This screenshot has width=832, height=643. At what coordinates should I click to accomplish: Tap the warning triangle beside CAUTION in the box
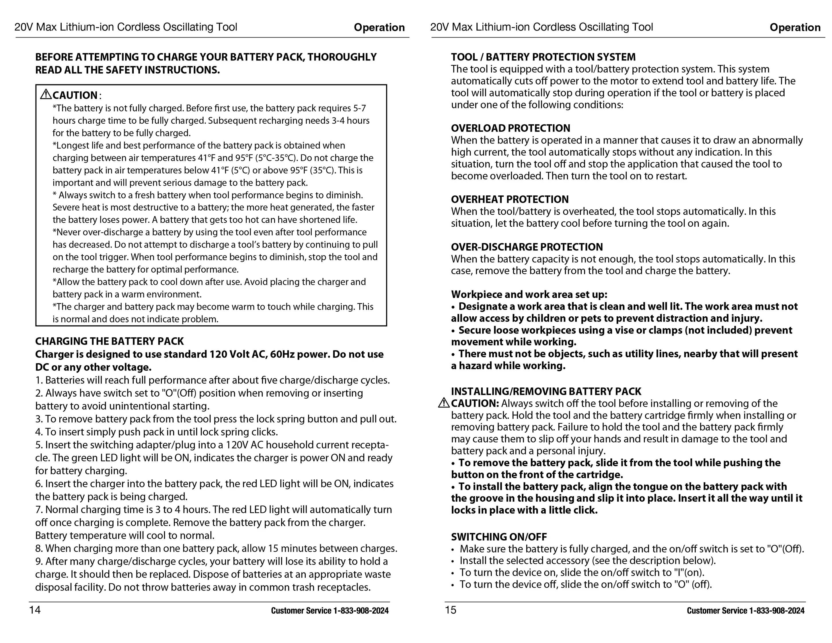coord(46,94)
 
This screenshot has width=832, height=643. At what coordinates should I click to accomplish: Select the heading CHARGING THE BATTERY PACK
coord(109,341)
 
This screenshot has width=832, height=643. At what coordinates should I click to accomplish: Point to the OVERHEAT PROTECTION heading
coord(510,199)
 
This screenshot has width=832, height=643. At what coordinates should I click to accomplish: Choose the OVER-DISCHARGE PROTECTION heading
coord(527,247)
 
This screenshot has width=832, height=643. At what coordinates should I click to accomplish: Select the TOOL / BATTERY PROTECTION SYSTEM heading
coord(543,57)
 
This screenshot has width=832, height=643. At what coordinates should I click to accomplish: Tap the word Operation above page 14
coord(379,28)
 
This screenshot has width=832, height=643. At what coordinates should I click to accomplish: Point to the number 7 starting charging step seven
coord(38,510)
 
